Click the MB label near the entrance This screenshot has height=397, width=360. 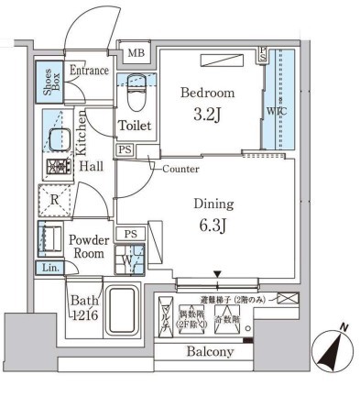pos(135,53)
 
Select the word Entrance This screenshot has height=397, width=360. pos(89,70)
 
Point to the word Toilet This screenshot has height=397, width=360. pos(134,126)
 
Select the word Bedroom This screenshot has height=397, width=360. pos(207,94)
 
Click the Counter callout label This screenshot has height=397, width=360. pos(180,170)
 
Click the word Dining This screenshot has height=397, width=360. pos(213,204)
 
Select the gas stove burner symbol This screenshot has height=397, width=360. pos(59,168)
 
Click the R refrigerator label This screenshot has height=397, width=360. pos(55,199)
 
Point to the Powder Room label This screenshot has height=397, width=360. pos(90,247)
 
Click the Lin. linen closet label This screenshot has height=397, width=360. pos(49,267)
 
